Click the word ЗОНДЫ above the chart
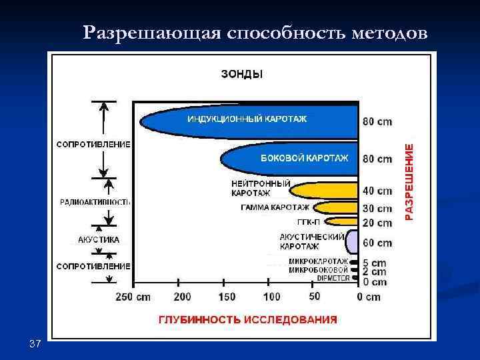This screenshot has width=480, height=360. coord(241,75)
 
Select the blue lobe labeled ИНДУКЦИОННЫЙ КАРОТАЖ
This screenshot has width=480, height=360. coord(247,120)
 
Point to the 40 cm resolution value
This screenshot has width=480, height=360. coord(377,191)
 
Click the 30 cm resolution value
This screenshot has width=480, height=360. coord(377,209)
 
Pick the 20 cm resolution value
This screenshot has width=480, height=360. coord(377,223)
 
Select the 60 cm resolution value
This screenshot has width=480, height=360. coord(377,243)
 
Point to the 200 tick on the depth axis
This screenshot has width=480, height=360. coord(183,297)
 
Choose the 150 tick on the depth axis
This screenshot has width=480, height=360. coord(227,297)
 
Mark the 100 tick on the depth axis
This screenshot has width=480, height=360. coord(272,297)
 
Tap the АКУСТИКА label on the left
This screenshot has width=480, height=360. coord(99,239)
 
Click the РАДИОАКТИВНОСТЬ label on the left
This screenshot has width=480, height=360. coord(95,201)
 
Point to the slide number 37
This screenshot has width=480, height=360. coord(35,344)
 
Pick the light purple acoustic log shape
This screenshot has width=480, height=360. coord(353,242)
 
